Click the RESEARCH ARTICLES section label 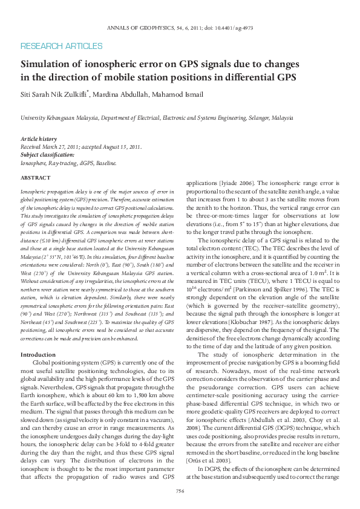pyautogui.click(x=61, y=46)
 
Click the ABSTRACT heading pyautogui.click(x=35, y=178)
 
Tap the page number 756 pyautogui.click(x=180, y=491)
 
